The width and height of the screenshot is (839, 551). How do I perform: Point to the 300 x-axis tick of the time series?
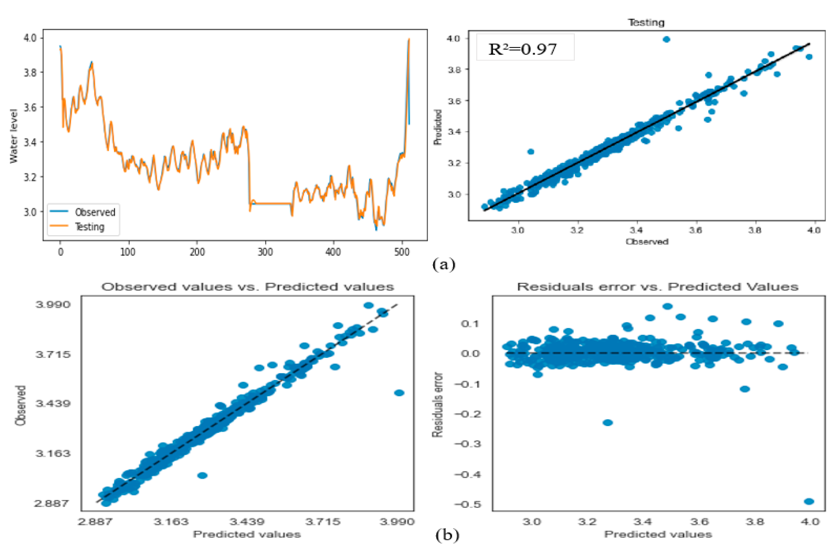click(x=265, y=252)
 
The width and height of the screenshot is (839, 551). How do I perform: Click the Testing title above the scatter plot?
click(x=646, y=23)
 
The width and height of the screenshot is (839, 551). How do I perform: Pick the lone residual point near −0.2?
click(x=608, y=422)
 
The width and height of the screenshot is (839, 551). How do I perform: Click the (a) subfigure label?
click(x=444, y=264)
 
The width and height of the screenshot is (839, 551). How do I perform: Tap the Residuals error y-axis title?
click(x=437, y=405)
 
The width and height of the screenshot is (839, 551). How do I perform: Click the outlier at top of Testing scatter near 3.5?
click(x=666, y=39)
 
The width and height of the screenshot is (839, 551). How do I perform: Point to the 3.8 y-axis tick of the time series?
click(x=30, y=72)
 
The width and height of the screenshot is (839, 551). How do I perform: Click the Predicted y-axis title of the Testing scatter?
click(x=438, y=127)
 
